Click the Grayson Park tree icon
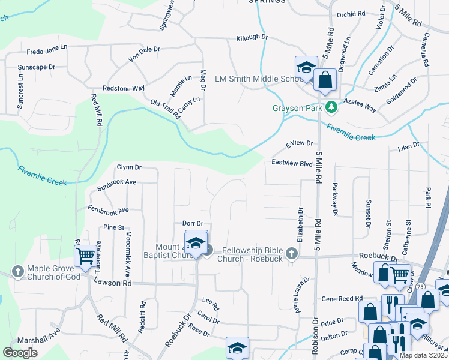[331, 107]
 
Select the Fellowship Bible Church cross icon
[292, 253]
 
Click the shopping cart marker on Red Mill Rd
[86, 256]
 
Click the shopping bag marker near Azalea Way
[325, 80]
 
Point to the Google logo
[20, 353]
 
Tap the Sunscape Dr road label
[37, 67]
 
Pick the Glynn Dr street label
[129, 167]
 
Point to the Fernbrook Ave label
[108, 211]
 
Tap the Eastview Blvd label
[292, 163]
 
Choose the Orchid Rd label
[351, 13]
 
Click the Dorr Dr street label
[193, 223]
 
